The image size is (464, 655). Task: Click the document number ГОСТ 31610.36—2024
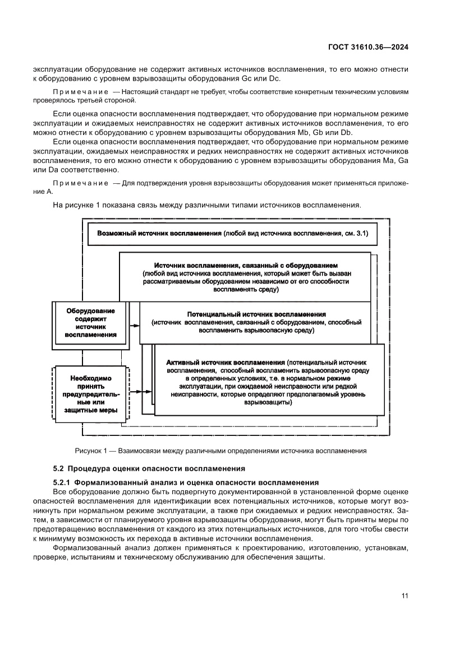pyautogui.click(x=367, y=48)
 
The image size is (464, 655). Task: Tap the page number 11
pyautogui.click(x=404, y=595)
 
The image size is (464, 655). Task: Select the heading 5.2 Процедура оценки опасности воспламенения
pyautogui.click(x=149, y=468)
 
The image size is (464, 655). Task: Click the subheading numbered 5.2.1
pyautogui.click(x=185, y=482)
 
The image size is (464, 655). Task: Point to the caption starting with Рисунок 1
pyautogui.click(x=220, y=450)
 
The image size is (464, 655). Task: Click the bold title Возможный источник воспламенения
pyautogui.click(x=159, y=233)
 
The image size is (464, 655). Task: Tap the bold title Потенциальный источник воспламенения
pyautogui.click(x=256, y=314)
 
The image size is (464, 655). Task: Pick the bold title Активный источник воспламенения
pyautogui.click(x=226, y=363)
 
